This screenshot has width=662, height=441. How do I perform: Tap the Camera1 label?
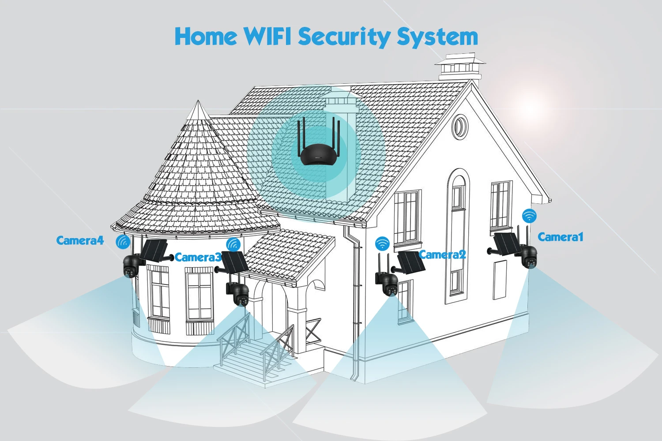560,237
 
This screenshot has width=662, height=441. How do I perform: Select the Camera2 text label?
442,254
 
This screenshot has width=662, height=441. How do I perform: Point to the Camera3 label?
198,257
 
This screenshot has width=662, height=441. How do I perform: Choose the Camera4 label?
80,240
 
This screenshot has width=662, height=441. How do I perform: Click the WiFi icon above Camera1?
529,216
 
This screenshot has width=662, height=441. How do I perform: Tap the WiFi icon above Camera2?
382,243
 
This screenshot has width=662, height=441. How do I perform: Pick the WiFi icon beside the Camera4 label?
123,242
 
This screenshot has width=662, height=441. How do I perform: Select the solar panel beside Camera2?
410,262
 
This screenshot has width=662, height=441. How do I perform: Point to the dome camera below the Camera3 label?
240,295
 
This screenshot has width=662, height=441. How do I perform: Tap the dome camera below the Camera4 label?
131,266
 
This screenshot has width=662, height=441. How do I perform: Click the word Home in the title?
206,36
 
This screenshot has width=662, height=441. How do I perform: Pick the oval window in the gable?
460,127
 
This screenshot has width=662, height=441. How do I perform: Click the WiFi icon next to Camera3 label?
233,244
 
